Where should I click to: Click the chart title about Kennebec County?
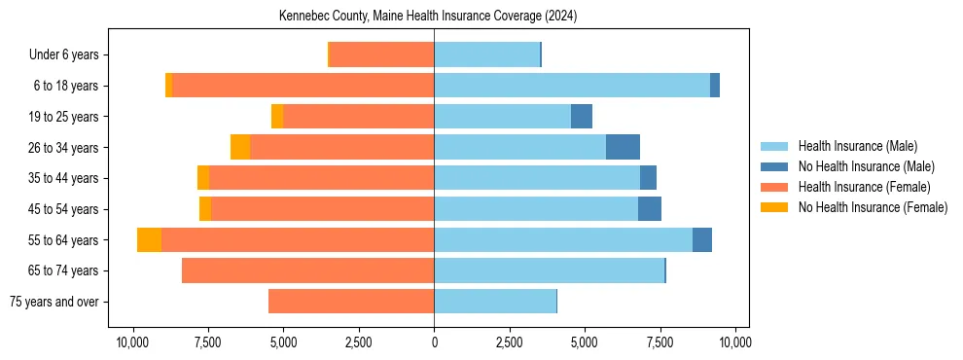tap(428, 17)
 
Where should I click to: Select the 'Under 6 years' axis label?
tap(69, 55)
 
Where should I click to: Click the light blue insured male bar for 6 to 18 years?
tap(572, 86)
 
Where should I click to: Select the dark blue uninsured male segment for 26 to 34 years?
tap(623, 147)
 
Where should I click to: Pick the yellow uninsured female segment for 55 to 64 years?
tap(149, 240)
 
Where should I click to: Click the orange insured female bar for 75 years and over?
tap(351, 302)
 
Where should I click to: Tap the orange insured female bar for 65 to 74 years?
tap(307, 270)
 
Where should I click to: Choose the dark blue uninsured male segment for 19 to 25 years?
tap(581, 117)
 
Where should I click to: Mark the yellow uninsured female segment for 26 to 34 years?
tap(240, 147)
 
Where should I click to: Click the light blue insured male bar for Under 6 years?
tap(486, 55)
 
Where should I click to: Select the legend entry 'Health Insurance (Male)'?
tap(857, 146)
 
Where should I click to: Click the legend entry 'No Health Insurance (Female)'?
tap(873, 207)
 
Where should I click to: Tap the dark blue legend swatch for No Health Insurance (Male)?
tap(774, 166)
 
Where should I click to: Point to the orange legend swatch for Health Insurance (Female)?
tap(774, 187)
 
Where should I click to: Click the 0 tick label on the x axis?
tap(434, 342)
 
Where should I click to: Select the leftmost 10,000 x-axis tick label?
tap(132, 342)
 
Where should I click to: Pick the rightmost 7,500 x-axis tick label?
tap(660, 342)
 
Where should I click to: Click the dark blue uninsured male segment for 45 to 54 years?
tap(650, 209)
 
